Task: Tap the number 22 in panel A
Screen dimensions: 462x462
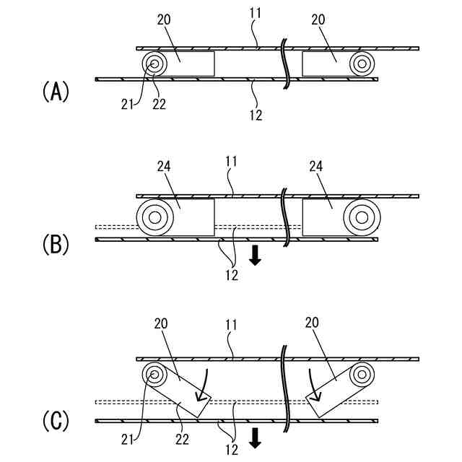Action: pos(159,105)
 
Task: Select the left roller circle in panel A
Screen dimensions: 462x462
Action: pos(154,64)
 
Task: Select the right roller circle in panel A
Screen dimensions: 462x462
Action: pos(361,64)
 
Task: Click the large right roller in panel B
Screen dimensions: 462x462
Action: pos(361,216)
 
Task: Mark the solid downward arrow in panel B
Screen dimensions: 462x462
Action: pos(254,255)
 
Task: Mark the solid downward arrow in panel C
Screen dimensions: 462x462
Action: pos(254,437)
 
